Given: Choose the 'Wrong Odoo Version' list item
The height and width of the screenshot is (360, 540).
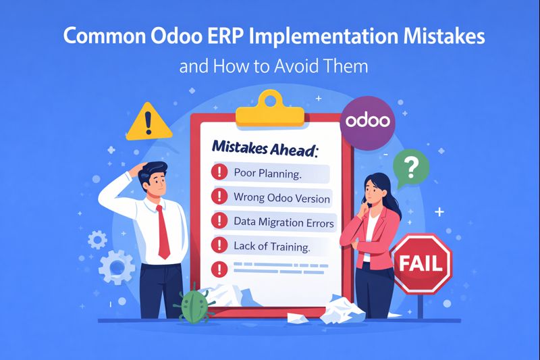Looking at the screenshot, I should (x=281, y=198).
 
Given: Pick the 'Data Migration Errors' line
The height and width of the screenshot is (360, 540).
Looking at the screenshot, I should (x=284, y=222).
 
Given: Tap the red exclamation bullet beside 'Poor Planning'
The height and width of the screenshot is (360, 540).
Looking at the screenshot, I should (x=219, y=172).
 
